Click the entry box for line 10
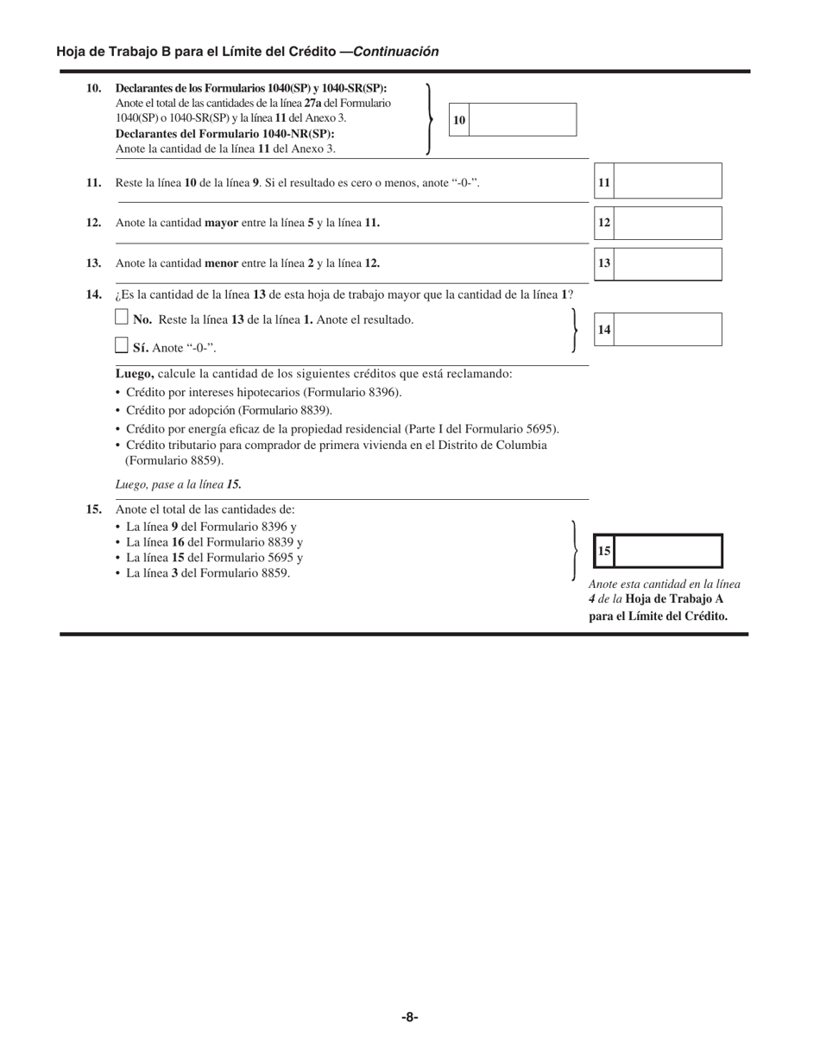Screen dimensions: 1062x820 523,120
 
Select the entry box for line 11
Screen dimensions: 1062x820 667,182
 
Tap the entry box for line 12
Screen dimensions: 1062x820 667,223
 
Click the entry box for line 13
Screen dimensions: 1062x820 667,264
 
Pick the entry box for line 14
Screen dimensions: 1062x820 667,330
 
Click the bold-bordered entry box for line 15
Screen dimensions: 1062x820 667,551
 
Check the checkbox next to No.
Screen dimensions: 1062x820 122,319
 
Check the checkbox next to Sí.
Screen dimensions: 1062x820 122,346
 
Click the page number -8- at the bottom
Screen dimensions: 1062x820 410,1017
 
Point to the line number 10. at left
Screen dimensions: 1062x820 94,88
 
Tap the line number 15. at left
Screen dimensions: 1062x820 94,509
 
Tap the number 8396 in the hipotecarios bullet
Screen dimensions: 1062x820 383,392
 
